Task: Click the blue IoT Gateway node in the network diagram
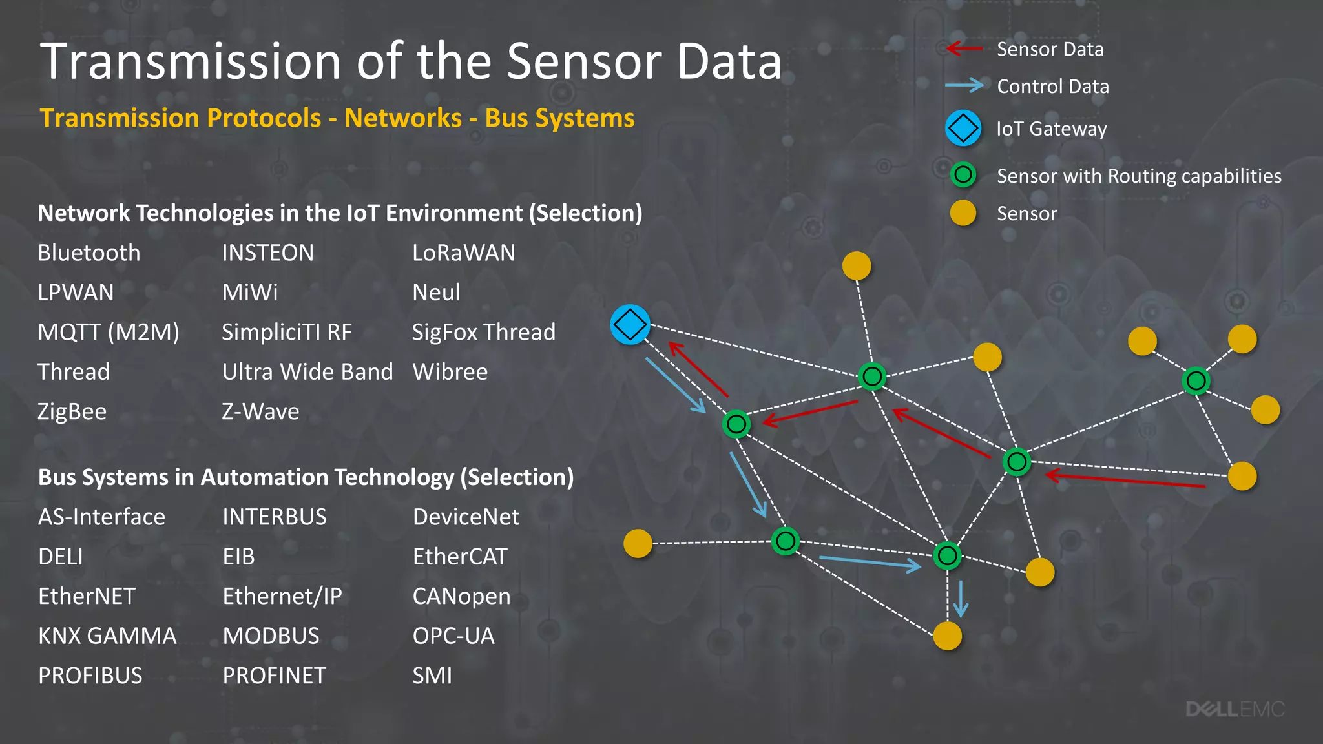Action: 630,324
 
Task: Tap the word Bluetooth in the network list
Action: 89,253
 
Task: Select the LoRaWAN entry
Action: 464,253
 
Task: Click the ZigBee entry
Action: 72,411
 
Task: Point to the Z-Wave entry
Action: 260,411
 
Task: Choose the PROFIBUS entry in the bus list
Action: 90,676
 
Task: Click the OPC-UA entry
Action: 453,635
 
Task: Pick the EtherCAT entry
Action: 460,556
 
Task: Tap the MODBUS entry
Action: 271,635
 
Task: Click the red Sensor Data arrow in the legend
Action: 964,48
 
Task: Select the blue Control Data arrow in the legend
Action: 964,85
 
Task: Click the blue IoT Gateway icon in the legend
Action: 963,128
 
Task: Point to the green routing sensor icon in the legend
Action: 963,174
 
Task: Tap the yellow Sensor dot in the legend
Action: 963,213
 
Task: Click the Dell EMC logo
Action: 1234,709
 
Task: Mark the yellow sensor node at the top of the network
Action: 857,265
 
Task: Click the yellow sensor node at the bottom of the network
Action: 948,636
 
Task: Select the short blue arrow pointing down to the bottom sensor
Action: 961,599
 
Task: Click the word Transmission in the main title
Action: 190,61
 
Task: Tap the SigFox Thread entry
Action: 484,332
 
